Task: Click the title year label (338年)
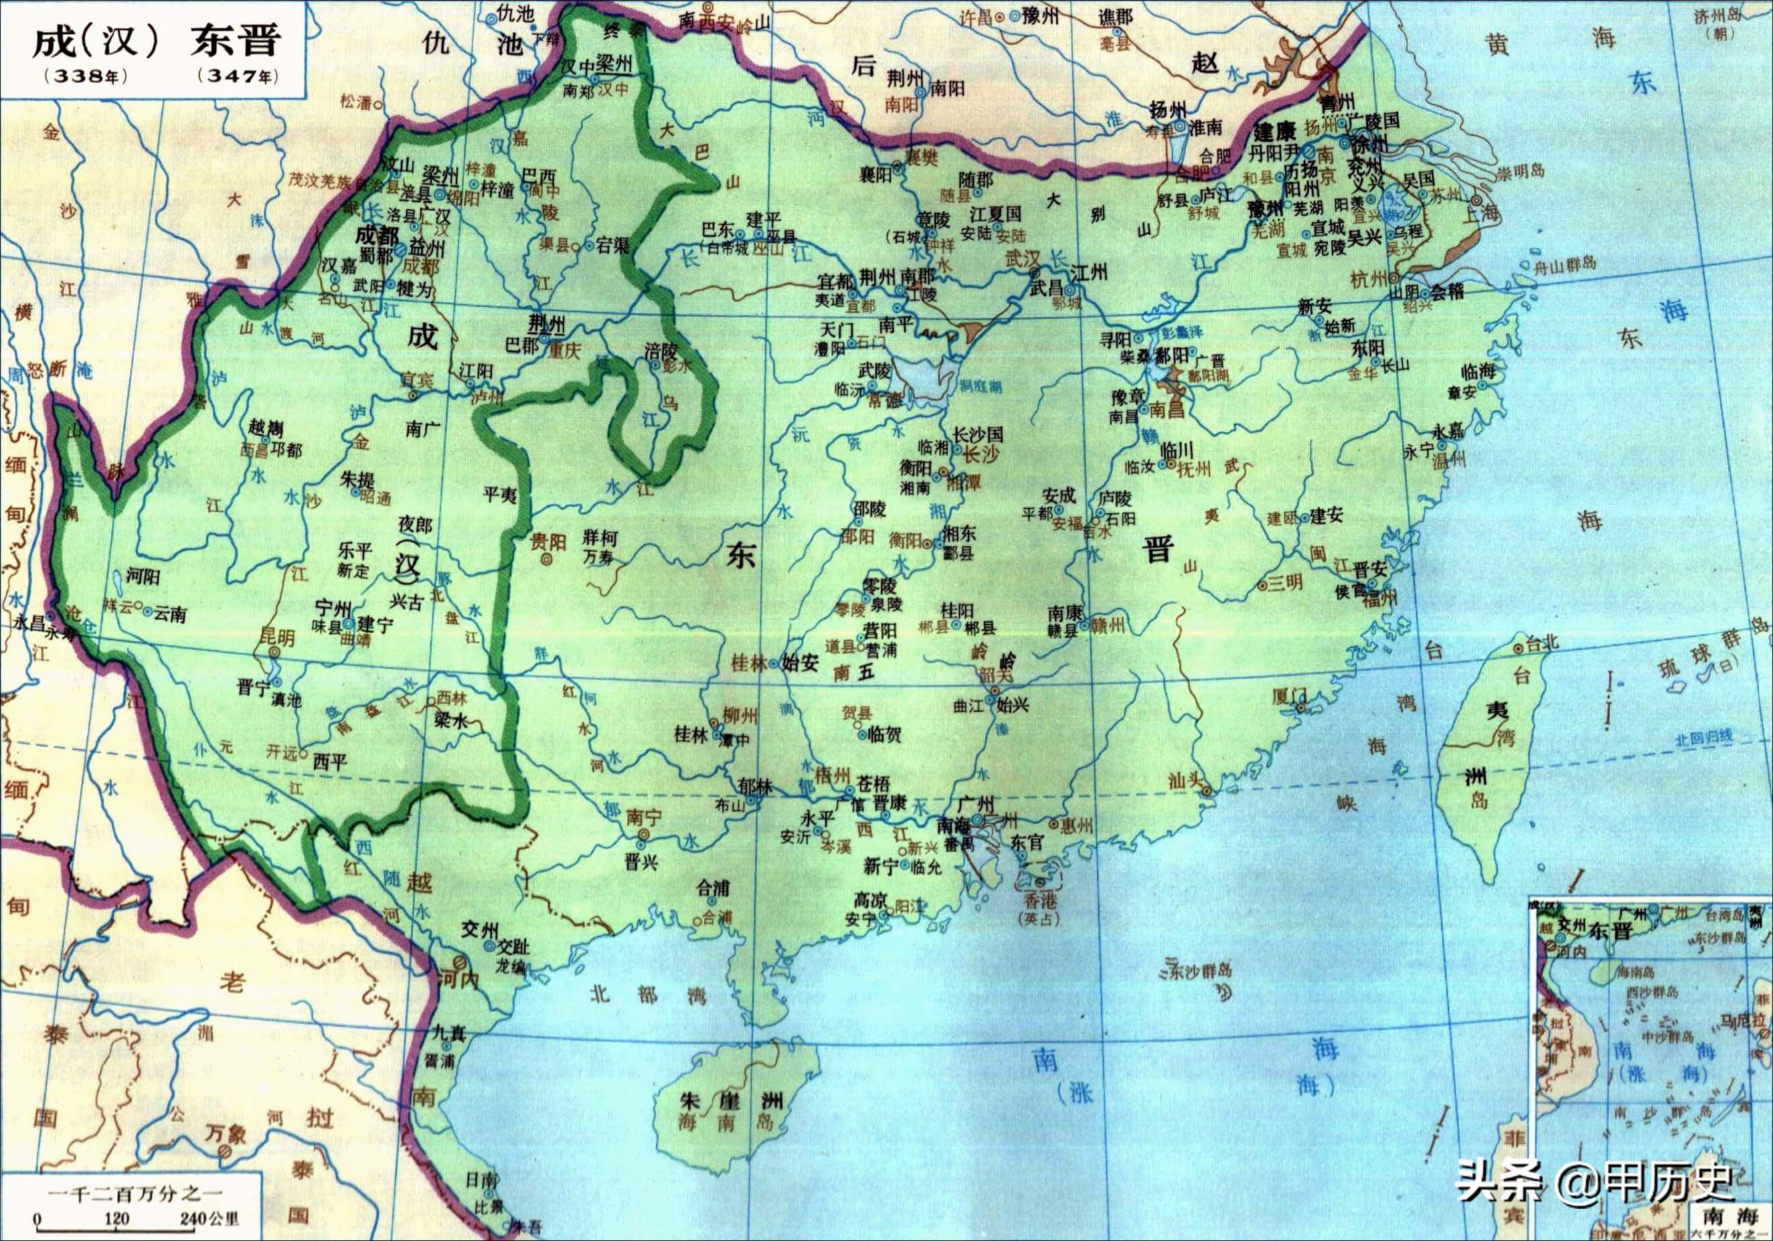click(x=86, y=76)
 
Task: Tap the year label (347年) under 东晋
click(x=237, y=76)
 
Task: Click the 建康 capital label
click(x=1274, y=132)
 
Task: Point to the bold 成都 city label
click(x=377, y=235)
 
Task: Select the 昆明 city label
click(x=276, y=638)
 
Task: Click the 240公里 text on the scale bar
click(x=209, y=1219)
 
